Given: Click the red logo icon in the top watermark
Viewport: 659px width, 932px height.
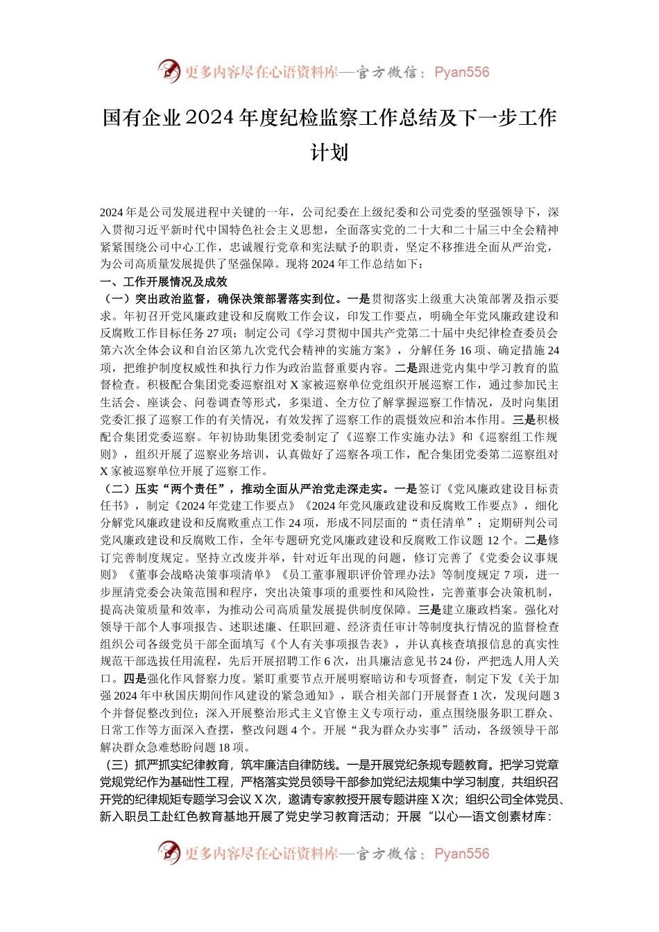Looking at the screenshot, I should (x=169, y=71).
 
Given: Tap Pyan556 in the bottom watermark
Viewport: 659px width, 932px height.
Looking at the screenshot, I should (x=461, y=854).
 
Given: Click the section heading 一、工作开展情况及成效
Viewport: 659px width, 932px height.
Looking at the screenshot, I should (x=164, y=282).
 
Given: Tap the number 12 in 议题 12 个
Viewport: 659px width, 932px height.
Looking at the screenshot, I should (x=494, y=541).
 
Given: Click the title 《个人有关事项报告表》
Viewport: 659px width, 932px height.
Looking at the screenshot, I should (x=329, y=644).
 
